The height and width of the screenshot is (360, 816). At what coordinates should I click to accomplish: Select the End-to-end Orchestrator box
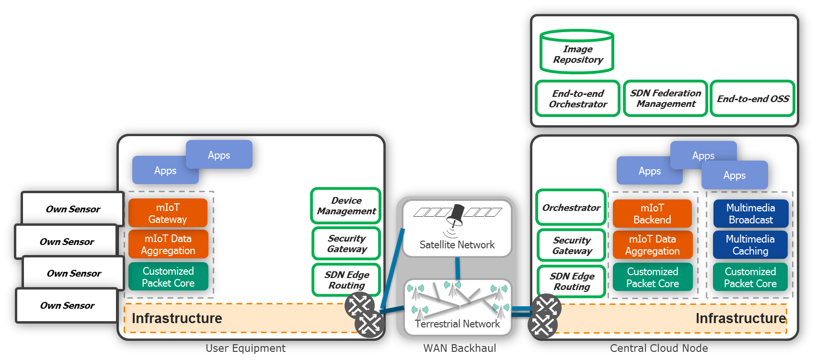tap(578, 99)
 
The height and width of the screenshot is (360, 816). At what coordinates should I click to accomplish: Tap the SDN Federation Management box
tap(666, 99)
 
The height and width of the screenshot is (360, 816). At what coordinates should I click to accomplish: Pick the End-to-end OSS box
tap(752, 99)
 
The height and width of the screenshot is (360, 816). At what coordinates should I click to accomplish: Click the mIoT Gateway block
tap(168, 213)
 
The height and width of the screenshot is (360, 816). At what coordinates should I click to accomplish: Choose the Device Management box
tap(346, 206)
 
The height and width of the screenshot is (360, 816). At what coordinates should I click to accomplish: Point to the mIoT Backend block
tap(652, 214)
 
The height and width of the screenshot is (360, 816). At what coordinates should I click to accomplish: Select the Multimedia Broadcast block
tap(750, 214)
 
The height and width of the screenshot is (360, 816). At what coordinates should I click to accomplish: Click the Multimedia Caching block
tap(750, 245)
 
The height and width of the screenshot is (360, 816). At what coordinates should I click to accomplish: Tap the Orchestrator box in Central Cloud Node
tap(571, 208)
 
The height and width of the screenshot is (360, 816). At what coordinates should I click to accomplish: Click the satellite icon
tap(455, 215)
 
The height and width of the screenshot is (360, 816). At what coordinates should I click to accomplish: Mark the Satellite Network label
tap(457, 245)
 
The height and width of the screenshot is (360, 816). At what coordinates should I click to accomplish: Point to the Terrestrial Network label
tap(458, 324)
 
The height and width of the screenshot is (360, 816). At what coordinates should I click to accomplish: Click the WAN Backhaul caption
tap(460, 348)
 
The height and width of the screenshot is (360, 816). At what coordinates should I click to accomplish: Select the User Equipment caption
tap(245, 348)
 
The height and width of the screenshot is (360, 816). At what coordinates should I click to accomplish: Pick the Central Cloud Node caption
tap(659, 348)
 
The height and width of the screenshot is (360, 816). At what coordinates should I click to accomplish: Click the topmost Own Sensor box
tap(73, 209)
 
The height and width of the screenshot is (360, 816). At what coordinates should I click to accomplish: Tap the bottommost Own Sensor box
tap(67, 305)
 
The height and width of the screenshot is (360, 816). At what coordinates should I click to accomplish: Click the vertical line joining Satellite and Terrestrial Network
tap(458, 268)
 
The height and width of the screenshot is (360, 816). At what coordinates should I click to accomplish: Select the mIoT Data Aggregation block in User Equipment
tap(168, 244)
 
